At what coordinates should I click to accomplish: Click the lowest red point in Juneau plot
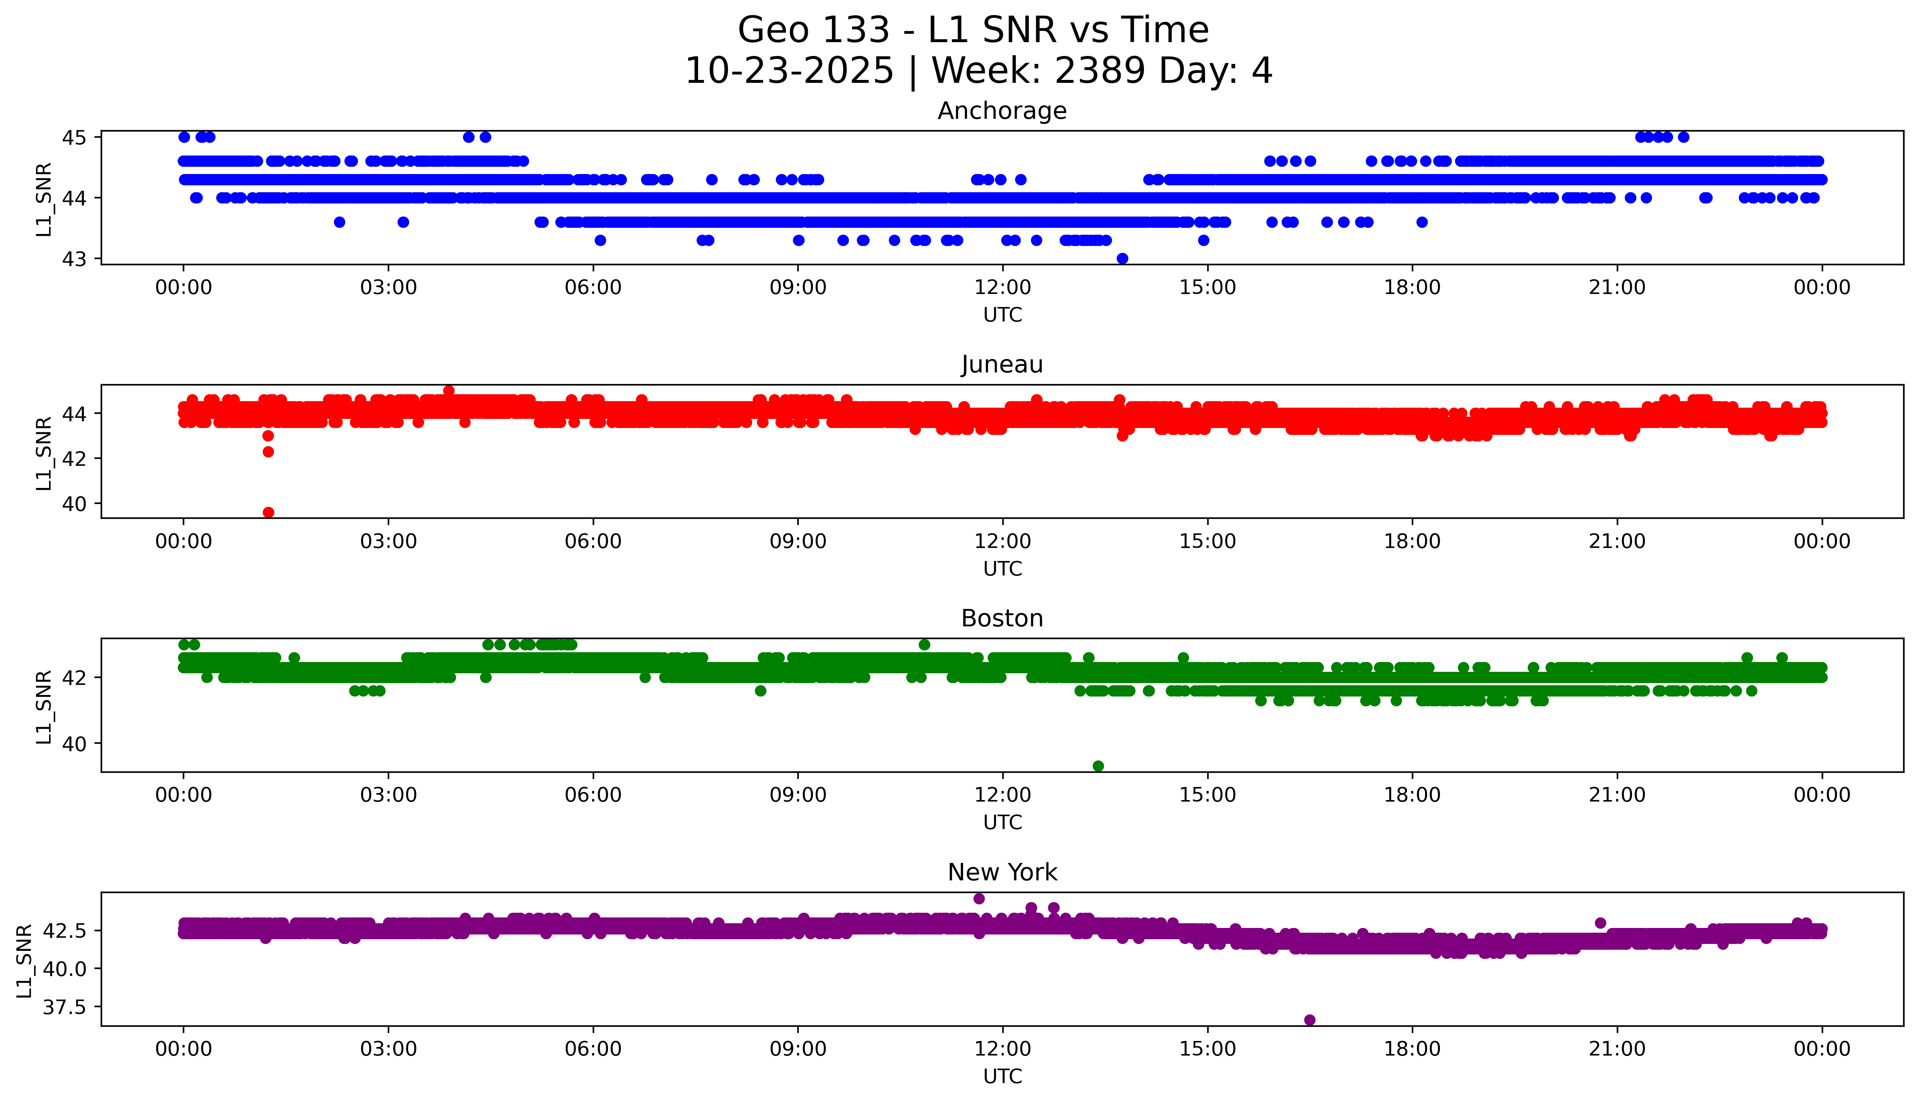click(x=268, y=512)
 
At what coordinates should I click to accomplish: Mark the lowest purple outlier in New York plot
click(x=1309, y=1020)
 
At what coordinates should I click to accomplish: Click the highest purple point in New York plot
click(x=979, y=899)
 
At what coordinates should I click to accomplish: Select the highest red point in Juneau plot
click(x=449, y=391)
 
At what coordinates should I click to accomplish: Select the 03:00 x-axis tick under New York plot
click(x=388, y=1049)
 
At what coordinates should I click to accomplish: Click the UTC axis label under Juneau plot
click(x=1002, y=568)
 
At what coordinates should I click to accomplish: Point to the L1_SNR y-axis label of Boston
click(x=44, y=706)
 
